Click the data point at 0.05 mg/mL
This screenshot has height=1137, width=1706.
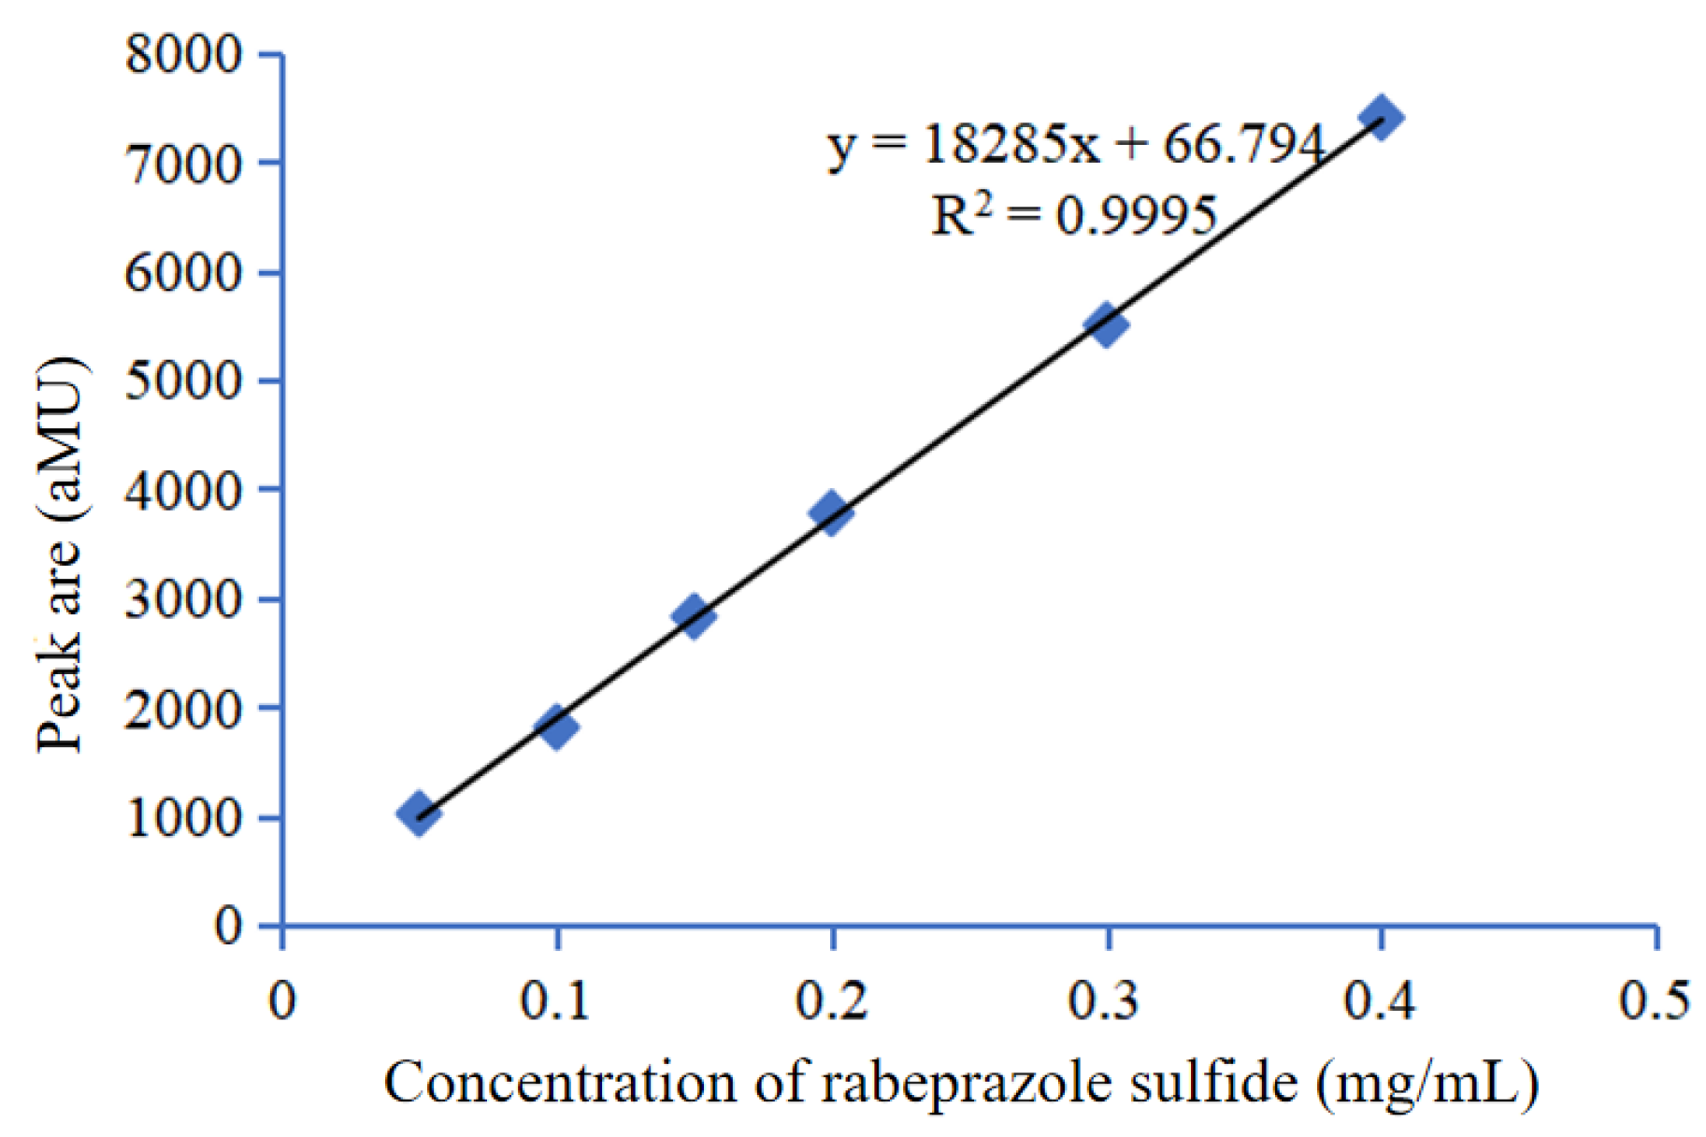click(x=419, y=813)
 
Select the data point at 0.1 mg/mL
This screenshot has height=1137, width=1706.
click(x=556, y=727)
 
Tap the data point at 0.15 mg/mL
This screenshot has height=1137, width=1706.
click(x=694, y=615)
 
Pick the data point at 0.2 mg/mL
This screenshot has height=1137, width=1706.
click(x=831, y=511)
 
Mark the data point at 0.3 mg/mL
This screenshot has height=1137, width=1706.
click(x=1107, y=324)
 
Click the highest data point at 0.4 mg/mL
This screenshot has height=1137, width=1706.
click(x=1381, y=118)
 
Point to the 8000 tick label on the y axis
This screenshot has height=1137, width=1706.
click(x=183, y=54)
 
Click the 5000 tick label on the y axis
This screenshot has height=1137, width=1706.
click(x=183, y=381)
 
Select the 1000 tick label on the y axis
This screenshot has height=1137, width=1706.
click(x=183, y=818)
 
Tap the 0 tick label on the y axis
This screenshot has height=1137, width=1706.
click(x=228, y=926)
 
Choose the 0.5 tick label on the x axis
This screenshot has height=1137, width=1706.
click(x=1655, y=1000)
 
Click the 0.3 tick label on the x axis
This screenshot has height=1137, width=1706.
click(x=1105, y=1000)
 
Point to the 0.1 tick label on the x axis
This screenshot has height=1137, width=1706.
click(x=555, y=1000)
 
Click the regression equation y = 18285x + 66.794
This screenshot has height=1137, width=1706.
click(x=1075, y=145)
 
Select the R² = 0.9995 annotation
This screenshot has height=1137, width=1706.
click(x=1073, y=215)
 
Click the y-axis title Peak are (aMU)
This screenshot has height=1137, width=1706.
click(x=60, y=554)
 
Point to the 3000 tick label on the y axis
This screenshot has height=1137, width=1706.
click(x=183, y=599)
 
